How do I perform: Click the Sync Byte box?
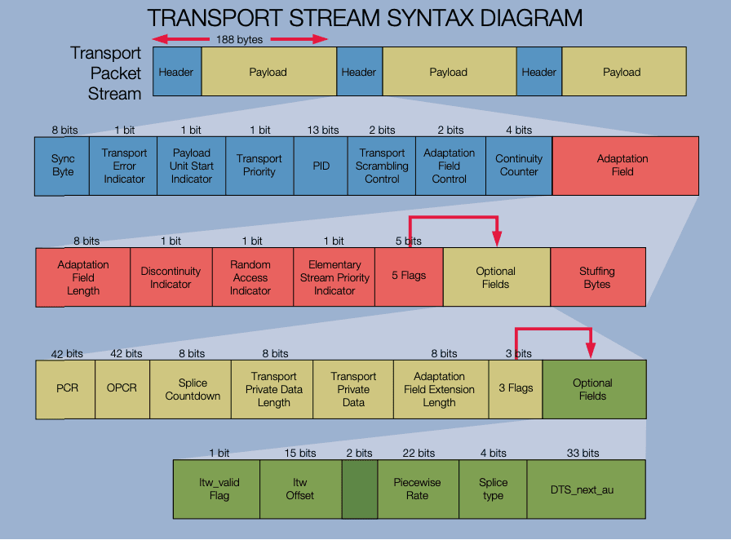click(x=62, y=166)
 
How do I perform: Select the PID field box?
click(x=321, y=166)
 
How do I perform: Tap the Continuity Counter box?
click(x=519, y=166)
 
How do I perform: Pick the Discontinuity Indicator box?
click(x=171, y=277)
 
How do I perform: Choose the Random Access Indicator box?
click(x=250, y=277)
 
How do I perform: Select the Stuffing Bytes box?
click(x=597, y=277)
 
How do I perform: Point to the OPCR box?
click(x=122, y=388)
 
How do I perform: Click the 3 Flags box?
click(x=516, y=388)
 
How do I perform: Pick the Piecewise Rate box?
click(x=417, y=489)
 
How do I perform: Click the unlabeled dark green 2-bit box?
click(x=359, y=489)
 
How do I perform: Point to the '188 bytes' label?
click(x=239, y=39)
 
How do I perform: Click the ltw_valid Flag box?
click(x=219, y=489)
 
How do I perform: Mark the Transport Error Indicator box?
click(x=124, y=166)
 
